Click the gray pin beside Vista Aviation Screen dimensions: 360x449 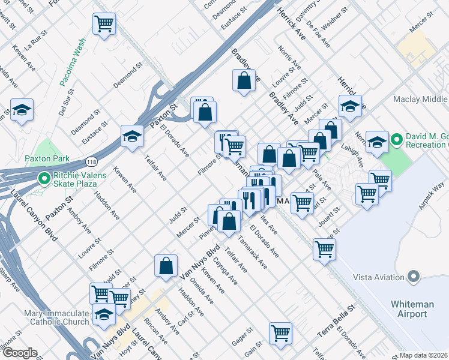tap(413, 277)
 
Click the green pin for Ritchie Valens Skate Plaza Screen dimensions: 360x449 tap(44, 178)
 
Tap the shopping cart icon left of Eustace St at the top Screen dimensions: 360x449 tap(104, 24)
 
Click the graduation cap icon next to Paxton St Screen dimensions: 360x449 tap(132, 136)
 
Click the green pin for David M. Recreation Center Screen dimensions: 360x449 tap(396, 140)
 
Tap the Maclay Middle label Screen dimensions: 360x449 tap(420, 100)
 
